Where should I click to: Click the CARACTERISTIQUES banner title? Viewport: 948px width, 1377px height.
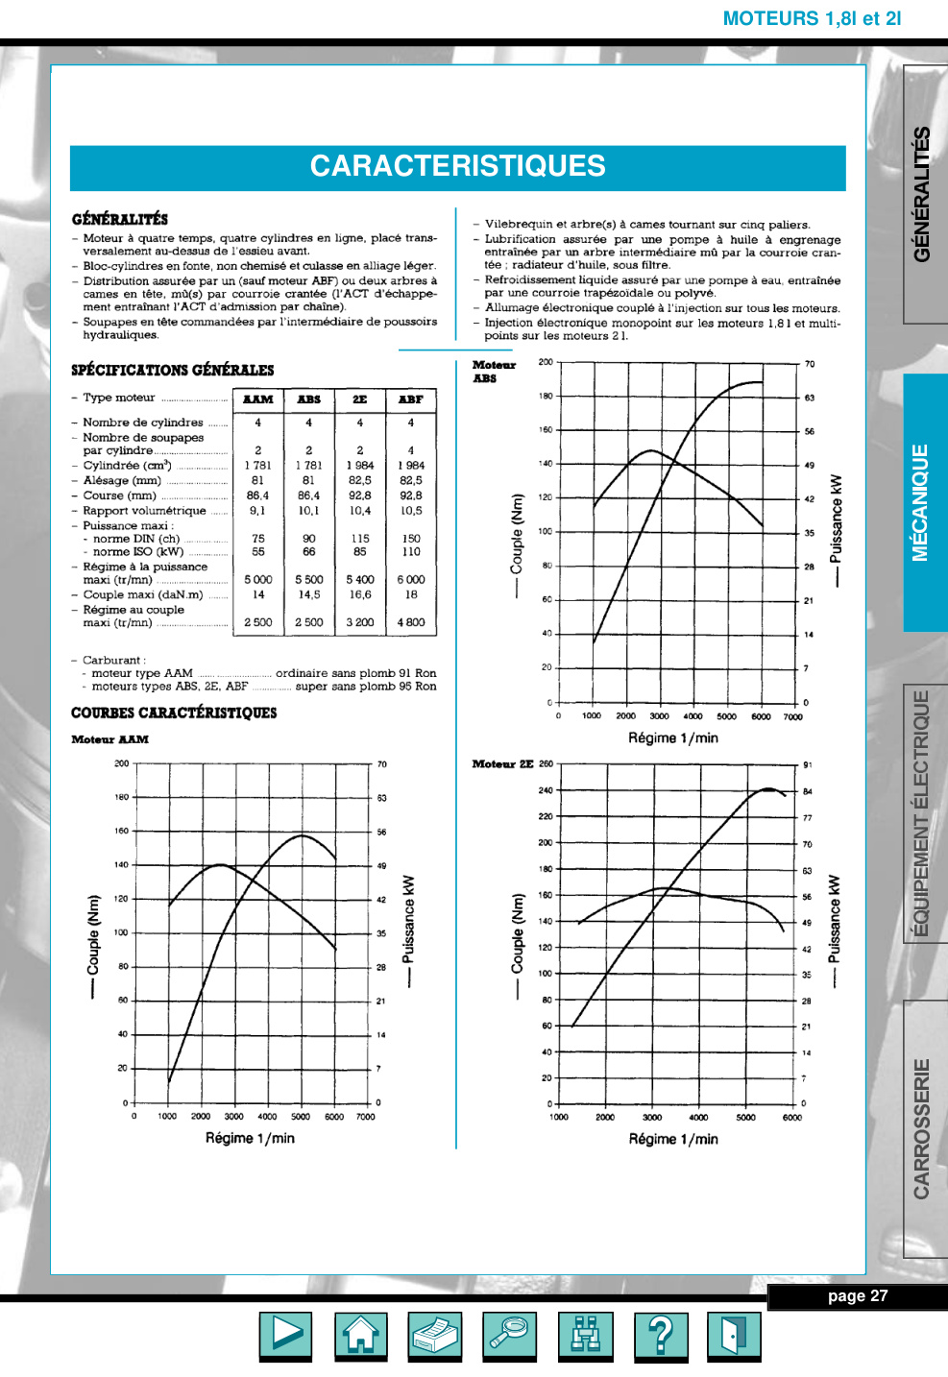pos(457,166)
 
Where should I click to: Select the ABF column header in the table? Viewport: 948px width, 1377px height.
pos(411,399)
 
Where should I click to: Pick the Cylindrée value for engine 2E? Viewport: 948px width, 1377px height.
pos(359,466)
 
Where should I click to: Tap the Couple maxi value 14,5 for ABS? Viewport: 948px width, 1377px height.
pos(308,594)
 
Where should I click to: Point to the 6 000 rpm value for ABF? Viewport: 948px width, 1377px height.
pos(411,579)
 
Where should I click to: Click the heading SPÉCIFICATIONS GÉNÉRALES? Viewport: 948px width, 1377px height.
pos(173,370)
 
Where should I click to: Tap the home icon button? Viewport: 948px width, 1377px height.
pos(361,1334)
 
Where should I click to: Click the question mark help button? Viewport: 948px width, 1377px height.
pos(660,1334)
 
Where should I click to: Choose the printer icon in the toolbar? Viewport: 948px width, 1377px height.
pos(435,1334)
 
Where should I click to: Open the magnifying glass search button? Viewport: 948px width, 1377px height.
pos(510,1334)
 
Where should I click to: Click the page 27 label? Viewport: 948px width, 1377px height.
pos(858,1296)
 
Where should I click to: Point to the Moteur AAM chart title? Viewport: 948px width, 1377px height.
pos(110,739)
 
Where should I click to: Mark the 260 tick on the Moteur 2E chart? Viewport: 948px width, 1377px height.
pos(546,764)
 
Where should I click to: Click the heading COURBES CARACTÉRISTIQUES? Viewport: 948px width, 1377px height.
pos(174,713)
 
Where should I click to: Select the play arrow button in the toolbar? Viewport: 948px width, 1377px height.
pos(286,1334)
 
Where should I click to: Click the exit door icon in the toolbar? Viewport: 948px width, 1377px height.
pos(734,1334)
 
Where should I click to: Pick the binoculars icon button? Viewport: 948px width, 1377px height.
pos(585,1334)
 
